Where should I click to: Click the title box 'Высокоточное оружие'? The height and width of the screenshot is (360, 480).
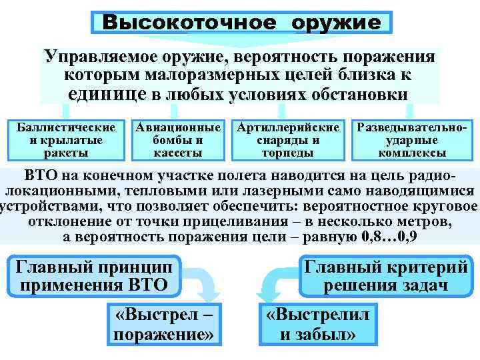(241, 22)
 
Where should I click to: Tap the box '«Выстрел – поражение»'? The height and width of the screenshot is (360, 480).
(165, 323)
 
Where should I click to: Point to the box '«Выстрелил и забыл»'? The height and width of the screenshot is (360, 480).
(318, 323)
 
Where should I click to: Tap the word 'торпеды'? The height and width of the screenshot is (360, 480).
(289, 153)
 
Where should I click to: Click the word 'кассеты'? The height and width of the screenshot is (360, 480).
(178, 153)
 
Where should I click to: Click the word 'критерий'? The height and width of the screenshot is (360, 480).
(425, 268)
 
